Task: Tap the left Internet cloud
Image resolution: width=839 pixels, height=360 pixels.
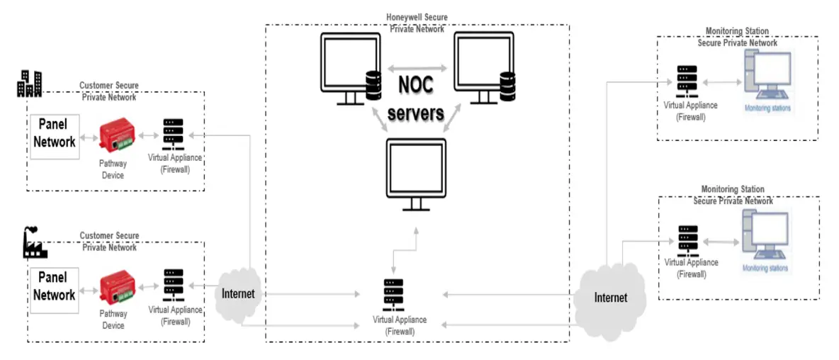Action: pos(237,293)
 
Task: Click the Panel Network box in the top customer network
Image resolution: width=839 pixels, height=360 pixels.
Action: pos(55,133)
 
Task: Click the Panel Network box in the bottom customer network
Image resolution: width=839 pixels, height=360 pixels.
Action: pos(55,286)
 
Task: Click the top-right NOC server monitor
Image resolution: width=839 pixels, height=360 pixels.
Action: pos(484,67)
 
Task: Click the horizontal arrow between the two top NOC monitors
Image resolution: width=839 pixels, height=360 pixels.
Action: pos(416,69)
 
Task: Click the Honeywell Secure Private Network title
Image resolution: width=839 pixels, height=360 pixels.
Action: pos(417,23)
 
